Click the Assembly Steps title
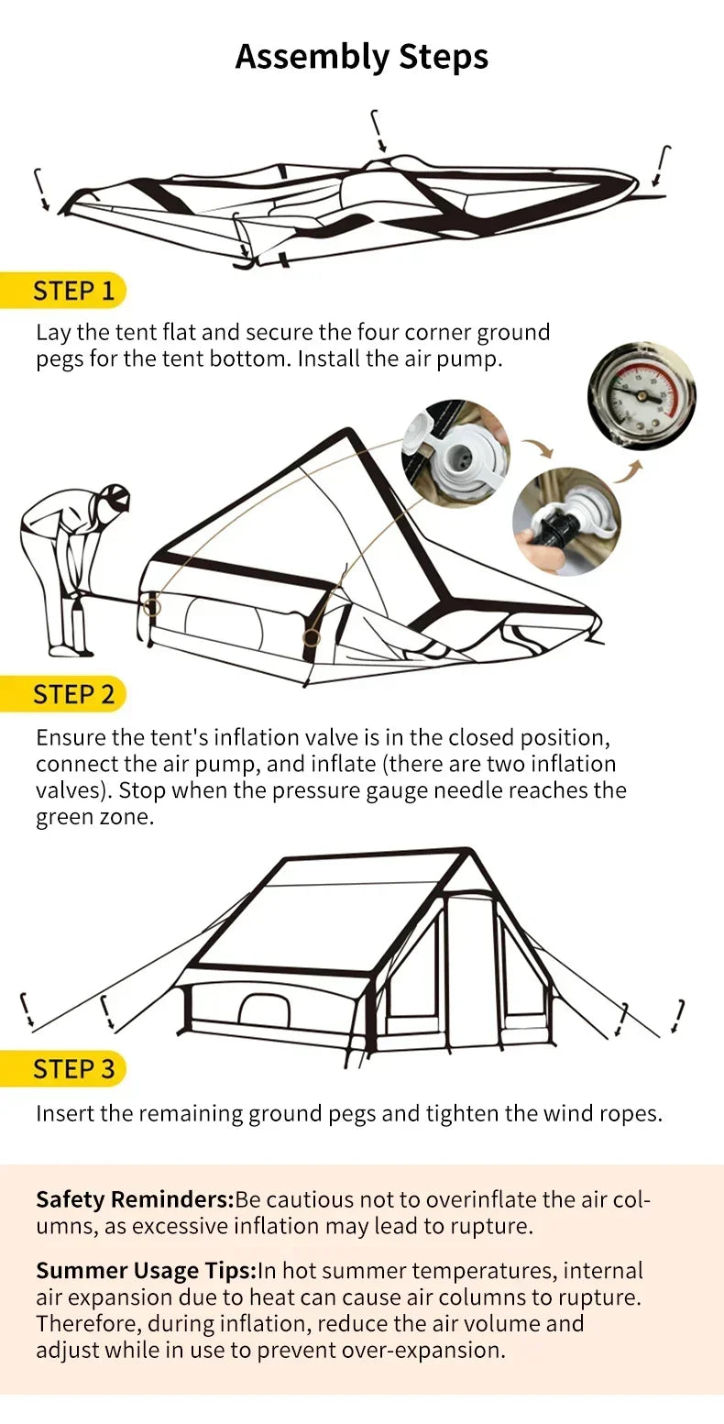361,57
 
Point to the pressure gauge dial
641,395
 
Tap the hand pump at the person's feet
77,624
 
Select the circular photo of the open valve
455,453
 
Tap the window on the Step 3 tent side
264,1010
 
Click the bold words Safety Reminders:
135,1199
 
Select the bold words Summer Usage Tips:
146,1271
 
